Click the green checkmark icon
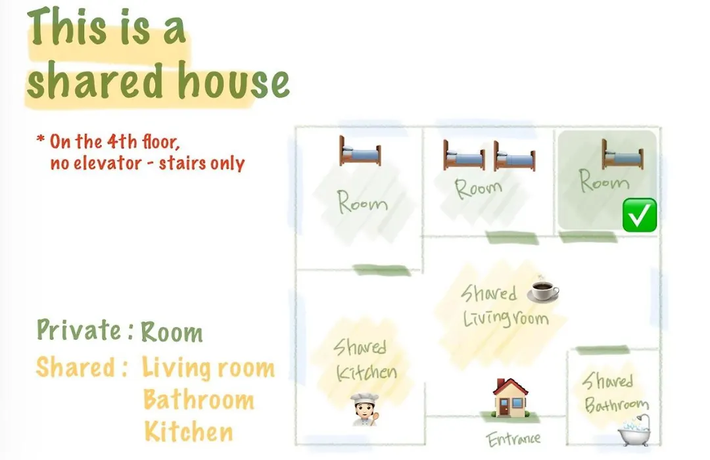click(640, 215)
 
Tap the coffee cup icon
click(543, 289)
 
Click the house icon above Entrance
click(510, 398)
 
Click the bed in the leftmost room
click(360, 150)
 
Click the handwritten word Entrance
click(513, 439)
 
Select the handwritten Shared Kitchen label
click(365, 360)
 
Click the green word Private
click(79, 329)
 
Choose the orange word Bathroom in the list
click(199, 400)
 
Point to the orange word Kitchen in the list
click(189, 432)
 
